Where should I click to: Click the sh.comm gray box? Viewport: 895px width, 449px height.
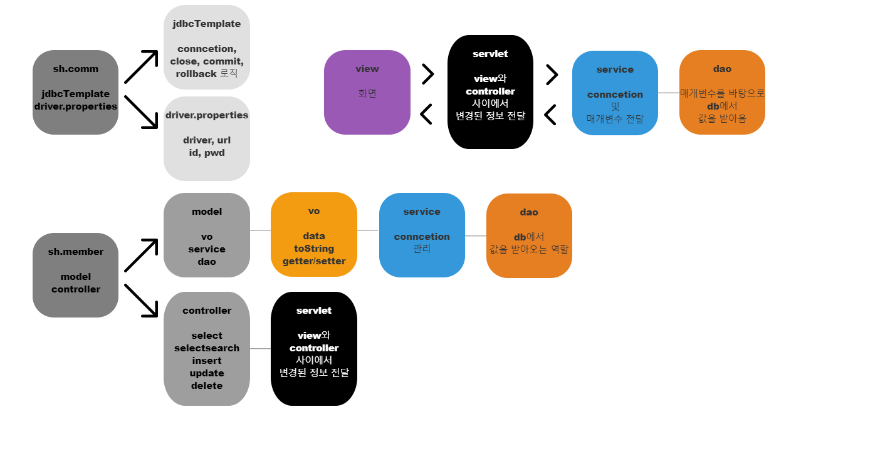pyautogui.click(x=75, y=92)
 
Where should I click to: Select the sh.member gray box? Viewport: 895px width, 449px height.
pyautogui.click(x=75, y=275)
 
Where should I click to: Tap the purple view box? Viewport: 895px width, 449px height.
pyautogui.click(x=367, y=92)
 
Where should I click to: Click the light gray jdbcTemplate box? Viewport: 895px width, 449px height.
pyautogui.click(x=206, y=47)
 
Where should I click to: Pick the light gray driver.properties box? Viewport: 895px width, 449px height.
pyautogui.click(x=206, y=138)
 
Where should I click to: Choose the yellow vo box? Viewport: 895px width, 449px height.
pyautogui.click(x=313, y=235)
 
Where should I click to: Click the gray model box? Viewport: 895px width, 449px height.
pyautogui.click(x=206, y=235)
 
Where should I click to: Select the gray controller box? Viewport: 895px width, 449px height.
pyautogui.click(x=206, y=348)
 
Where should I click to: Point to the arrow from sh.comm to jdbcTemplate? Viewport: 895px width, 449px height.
pyautogui.click(x=141, y=66)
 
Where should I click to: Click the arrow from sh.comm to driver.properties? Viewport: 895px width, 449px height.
pyautogui.click(x=141, y=112)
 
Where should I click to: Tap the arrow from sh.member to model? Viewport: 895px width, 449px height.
pyautogui.click(x=141, y=255)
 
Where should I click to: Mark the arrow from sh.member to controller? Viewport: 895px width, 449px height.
pyautogui.click(x=141, y=301)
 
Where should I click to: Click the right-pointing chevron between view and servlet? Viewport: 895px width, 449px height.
pyautogui.click(x=428, y=74)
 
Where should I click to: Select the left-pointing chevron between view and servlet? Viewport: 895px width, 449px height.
pyautogui.click(x=426, y=114)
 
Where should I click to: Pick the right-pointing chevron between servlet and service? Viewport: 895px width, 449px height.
pyautogui.click(x=552, y=75)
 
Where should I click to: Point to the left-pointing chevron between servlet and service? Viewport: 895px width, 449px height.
pyautogui.click(x=550, y=115)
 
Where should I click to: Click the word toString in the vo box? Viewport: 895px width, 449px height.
pyautogui.click(x=314, y=249)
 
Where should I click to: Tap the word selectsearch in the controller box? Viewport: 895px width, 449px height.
pyautogui.click(x=207, y=348)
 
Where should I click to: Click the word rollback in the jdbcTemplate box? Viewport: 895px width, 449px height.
pyautogui.click(x=196, y=73)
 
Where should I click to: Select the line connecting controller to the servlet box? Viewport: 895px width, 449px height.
pyautogui.click(x=260, y=349)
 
